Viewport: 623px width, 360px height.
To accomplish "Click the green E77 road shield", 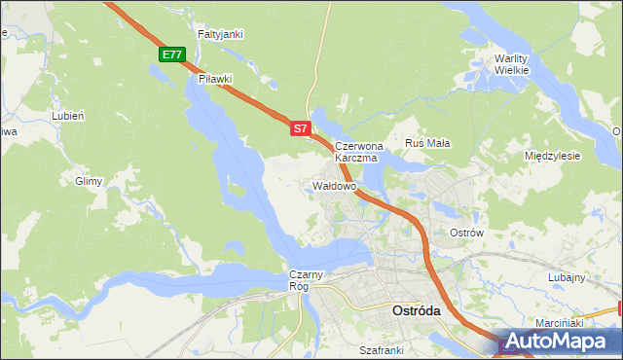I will pyautogui.click(x=172, y=54).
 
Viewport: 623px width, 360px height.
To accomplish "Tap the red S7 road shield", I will pyautogui.click(x=301, y=127).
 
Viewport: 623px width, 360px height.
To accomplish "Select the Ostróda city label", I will pyautogui.click(x=416, y=310).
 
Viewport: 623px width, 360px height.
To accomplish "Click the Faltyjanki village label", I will pyautogui.click(x=220, y=34).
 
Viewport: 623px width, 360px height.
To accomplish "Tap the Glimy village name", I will pyautogui.click(x=89, y=181).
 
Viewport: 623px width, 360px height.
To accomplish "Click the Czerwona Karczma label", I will pyautogui.click(x=359, y=151).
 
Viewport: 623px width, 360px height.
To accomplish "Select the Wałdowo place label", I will pyautogui.click(x=335, y=185).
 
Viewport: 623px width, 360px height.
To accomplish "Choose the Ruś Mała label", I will pyautogui.click(x=426, y=143).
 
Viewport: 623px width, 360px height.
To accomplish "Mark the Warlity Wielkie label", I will pyautogui.click(x=511, y=63).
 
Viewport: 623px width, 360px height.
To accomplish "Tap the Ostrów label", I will pyautogui.click(x=466, y=234).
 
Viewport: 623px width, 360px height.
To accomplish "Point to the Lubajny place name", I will pyautogui.click(x=567, y=277).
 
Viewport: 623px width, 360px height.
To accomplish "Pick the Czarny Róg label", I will pyautogui.click(x=299, y=281).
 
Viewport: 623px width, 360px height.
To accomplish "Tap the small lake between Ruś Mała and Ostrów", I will pyautogui.click(x=447, y=209).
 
